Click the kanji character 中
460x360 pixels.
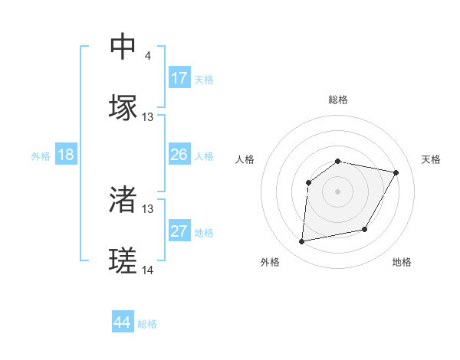click(x=123, y=47)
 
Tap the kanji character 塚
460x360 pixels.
click(x=123, y=108)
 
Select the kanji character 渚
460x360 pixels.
click(x=123, y=200)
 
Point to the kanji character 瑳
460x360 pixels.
click(x=123, y=261)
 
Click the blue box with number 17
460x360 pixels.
click(x=179, y=78)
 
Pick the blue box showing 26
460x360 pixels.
click(x=179, y=155)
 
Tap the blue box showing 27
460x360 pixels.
click(x=179, y=231)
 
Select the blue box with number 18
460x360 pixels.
click(x=66, y=155)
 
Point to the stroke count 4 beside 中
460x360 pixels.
click(x=147, y=56)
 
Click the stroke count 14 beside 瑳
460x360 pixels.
click(x=148, y=270)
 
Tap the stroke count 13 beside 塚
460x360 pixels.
click(x=148, y=117)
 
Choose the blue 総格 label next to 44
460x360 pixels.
click(x=147, y=324)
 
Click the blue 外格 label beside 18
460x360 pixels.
click(x=41, y=156)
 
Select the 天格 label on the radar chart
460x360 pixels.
click(x=431, y=159)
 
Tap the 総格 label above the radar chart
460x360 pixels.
click(x=337, y=100)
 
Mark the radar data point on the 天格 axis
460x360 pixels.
click(x=396, y=173)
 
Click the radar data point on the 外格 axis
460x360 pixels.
click(x=302, y=241)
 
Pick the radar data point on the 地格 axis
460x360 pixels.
click(x=365, y=229)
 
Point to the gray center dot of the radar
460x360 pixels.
click(x=337, y=191)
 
